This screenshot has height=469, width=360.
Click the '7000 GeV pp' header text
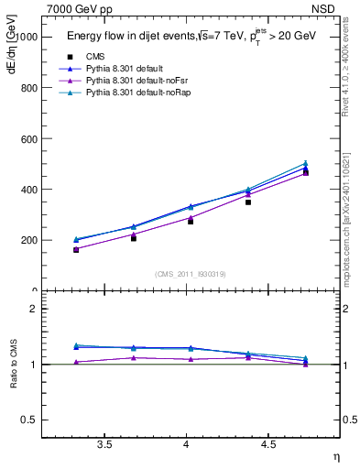coord(80,9)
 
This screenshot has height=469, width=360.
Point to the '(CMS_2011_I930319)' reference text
coord(190,272)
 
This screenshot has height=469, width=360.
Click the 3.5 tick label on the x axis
coord(105,445)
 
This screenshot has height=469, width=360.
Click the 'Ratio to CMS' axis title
coord(13,365)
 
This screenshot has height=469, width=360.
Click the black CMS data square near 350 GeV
coord(247,202)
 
